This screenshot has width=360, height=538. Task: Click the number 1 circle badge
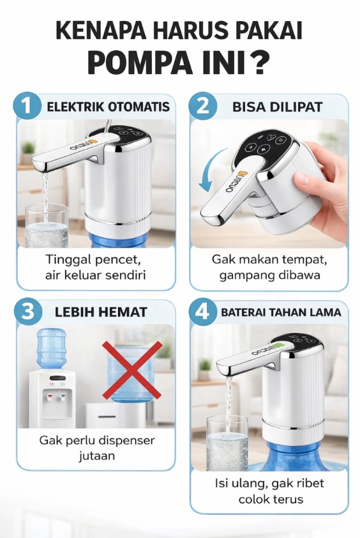click(26, 105)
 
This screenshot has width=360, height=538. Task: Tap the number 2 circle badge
click(203, 105)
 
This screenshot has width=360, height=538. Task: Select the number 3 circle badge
click(28, 312)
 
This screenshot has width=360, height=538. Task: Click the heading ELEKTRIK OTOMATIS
click(108, 107)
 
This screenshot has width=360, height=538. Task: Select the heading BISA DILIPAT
click(277, 107)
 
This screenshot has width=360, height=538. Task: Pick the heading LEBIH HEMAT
click(101, 312)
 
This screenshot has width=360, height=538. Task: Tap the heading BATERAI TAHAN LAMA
click(281, 312)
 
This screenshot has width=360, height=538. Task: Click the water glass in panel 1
click(47, 225)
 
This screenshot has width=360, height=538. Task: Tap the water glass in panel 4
click(227, 442)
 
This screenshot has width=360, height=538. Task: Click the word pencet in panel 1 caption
click(117, 260)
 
